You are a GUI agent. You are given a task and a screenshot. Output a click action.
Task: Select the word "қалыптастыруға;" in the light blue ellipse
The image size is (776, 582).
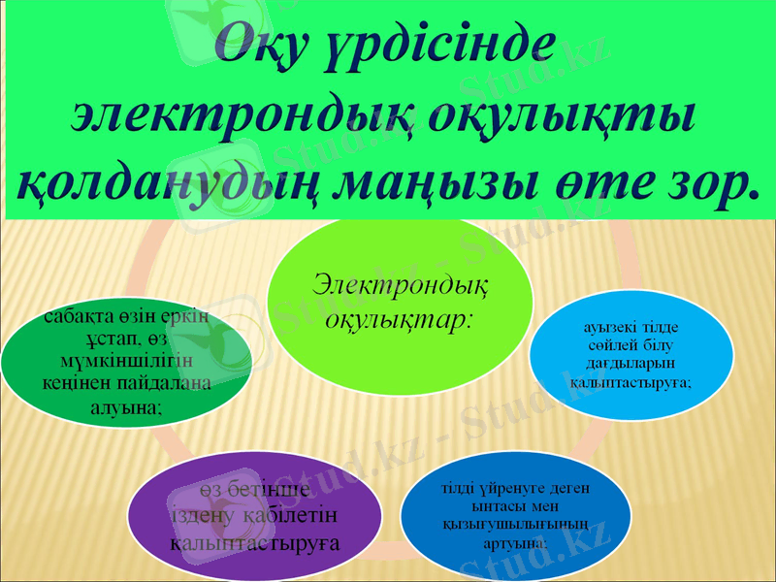(630, 382)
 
